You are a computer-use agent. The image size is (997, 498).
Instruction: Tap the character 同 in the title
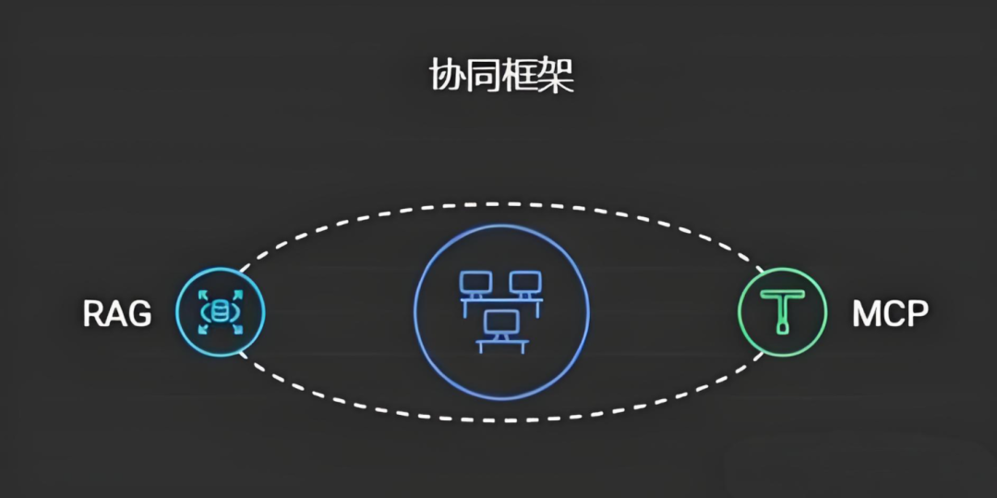tap(484, 77)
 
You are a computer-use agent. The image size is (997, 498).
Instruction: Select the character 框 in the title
tap(521, 77)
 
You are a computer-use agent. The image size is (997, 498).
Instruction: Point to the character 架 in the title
tap(557, 77)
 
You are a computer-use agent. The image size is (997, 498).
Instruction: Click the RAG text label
tap(117, 315)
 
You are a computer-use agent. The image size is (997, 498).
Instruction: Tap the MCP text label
tap(889, 315)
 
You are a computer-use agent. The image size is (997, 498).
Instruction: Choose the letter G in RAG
tap(139, 315)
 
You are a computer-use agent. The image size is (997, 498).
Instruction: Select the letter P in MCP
tap(916, 315)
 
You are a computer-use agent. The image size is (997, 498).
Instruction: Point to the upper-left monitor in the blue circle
tap(477, 283)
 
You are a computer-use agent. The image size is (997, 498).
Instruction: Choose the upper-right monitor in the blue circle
tap(524, 283)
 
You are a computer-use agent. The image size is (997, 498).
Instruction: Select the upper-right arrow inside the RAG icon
tap(236, 297)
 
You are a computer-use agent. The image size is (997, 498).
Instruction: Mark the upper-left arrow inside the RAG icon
tap(204, 297)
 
